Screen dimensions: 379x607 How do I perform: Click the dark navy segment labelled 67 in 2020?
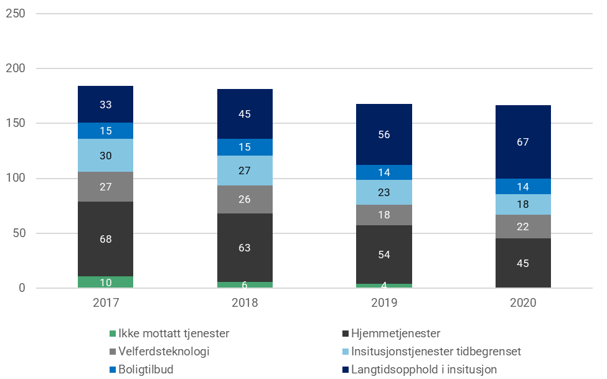coord(523,142)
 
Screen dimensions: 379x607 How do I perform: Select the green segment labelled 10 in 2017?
coord(105,282)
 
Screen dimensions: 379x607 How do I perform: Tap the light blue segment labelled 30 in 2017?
coord(105,156)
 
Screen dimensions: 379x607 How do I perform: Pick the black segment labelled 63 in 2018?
coord(245,248)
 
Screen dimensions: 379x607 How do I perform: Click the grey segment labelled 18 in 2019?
coord(384,215)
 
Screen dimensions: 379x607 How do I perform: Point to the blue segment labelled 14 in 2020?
coord(523,186)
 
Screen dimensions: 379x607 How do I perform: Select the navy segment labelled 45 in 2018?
coord(245,114)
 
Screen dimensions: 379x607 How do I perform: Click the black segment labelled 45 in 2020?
coord(523,263)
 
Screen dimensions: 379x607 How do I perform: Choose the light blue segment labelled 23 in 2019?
coord(384,192)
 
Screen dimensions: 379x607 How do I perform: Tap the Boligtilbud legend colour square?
coord(113,370)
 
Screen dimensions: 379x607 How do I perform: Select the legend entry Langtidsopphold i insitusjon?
coord(423,370)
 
